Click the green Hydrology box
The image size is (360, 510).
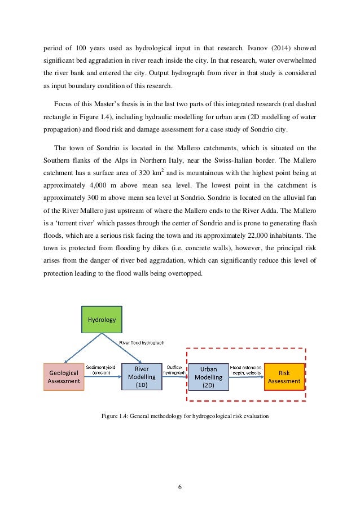tap(102, 319)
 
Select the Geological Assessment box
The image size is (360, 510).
tap(64, 377)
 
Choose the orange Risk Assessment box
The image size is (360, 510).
tap(284, 377)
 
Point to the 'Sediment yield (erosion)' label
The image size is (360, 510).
tap(101, 370)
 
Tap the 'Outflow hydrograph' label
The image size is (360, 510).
tap(173, 370)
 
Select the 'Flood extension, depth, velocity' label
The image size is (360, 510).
tap(245, 370)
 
